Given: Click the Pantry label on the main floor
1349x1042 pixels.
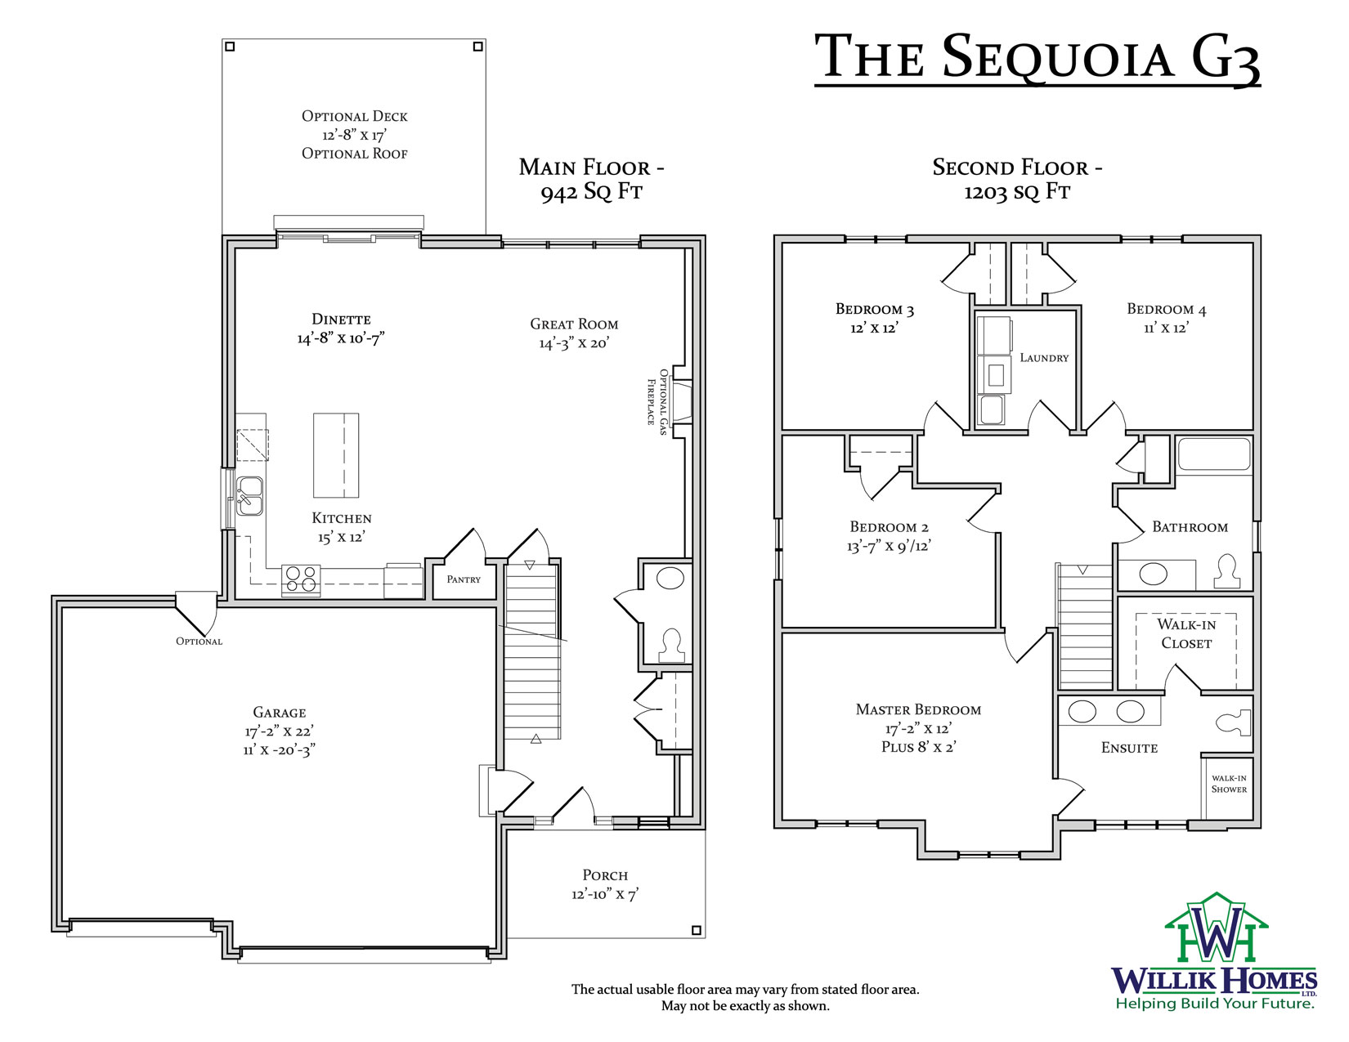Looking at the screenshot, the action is click(x=463, y=579).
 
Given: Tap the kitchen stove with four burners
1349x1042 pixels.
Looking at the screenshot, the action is click(x=301, y=580).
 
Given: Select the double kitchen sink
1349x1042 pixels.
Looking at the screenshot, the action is click(x=250, y=496).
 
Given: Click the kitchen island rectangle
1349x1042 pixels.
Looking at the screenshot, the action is click(x=336, y=455).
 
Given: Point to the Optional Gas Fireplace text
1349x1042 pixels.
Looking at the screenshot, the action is click(x=657, y=401).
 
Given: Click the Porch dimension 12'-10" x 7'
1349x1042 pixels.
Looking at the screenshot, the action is click(x=605, y=894).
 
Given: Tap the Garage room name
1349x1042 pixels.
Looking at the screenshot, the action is click(x=280, y=713).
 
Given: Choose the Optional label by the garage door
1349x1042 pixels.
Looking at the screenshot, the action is click(x=199, y=641).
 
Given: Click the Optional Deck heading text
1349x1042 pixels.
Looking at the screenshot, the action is click(x=355, y=116).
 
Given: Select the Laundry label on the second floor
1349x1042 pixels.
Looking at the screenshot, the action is click(x=1044, y=357).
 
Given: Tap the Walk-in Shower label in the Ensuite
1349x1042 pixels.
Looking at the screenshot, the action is click(x=1229, y=783).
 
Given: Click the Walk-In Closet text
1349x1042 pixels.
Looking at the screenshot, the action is click(x=1186, y=633).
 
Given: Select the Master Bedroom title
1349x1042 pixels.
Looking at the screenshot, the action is click(x=918, y=709).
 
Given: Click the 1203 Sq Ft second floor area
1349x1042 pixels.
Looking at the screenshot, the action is click(x=1017, y=191).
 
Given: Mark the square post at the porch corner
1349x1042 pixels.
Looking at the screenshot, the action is click(x=696, y=930).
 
